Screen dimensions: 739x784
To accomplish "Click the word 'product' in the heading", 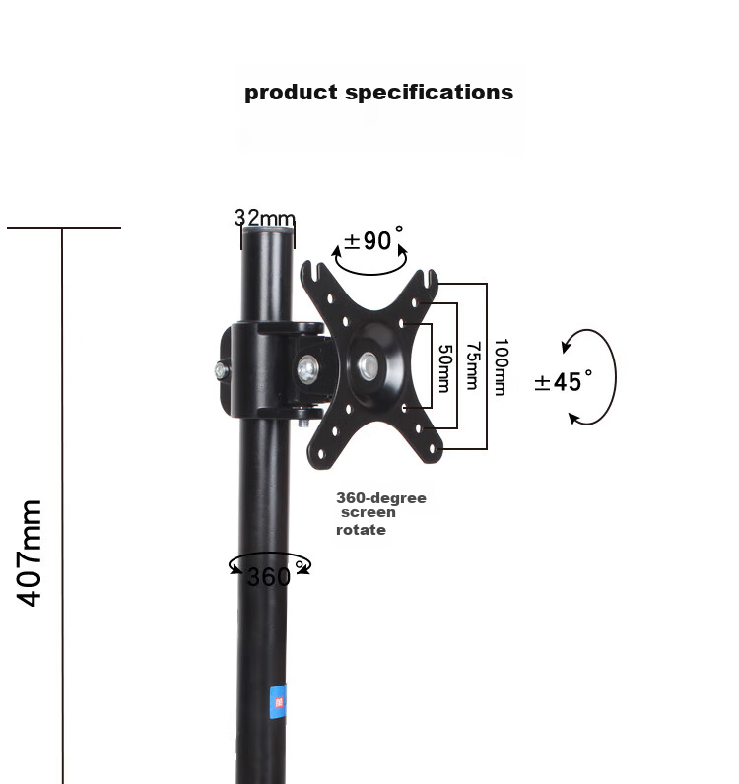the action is tap(291, 93).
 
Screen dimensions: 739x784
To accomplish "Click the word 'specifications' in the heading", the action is tap(430, 93).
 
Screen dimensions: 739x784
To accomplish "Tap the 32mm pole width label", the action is tap(265, 218).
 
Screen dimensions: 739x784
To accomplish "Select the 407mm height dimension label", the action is tap(29, 553).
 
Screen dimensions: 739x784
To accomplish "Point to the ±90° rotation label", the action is tap(373, 239).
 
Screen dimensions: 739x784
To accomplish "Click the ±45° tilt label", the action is tap(564, 381).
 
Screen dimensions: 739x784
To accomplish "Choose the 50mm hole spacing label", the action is tap(444, 368).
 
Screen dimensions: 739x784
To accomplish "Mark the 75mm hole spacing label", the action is tap(473, 365).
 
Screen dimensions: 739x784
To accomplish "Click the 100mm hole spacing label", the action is tap(502, 367).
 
